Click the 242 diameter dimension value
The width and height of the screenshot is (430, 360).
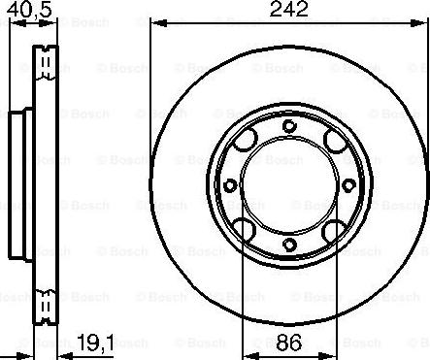click(288, 11)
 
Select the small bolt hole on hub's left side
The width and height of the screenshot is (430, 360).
click(229, 185)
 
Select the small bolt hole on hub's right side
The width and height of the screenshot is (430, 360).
click(347, 185)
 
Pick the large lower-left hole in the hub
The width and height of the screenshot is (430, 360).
click(246, 228)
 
